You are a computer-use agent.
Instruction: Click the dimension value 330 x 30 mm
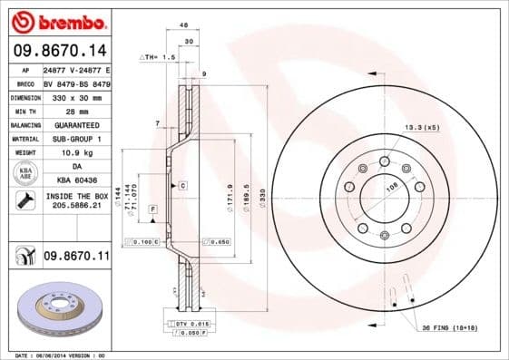pos(75,96)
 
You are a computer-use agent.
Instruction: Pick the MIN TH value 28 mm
pos(75,110)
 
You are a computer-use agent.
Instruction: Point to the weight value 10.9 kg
pos(75,153)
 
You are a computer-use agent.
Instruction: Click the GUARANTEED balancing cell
pos(75,124)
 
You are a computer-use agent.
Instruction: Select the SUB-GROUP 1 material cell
pos(75,139)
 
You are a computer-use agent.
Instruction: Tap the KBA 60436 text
pos(75,181)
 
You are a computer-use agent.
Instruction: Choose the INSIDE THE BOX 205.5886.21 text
pos(75,201)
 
